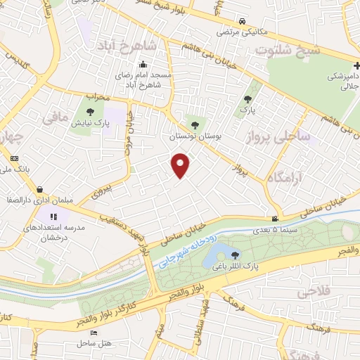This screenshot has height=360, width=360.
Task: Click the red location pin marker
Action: (181, 165)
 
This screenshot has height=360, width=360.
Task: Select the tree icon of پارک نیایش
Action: (89, 110)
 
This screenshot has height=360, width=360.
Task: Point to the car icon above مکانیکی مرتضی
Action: (242, 22)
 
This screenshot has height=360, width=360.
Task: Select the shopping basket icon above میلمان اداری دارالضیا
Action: (40, 188)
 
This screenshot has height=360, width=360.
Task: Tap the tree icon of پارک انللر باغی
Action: (234, 254)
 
